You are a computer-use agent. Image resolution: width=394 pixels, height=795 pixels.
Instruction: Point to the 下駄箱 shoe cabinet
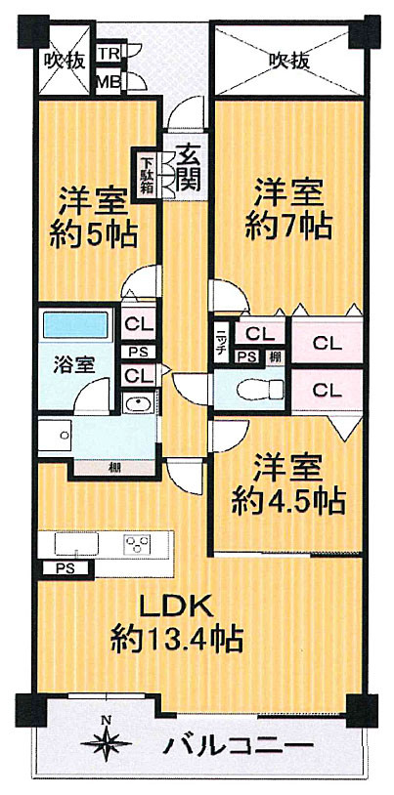145,172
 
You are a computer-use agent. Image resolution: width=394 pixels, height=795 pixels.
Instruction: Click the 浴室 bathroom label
74,365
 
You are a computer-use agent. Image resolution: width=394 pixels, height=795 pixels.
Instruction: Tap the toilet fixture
248,390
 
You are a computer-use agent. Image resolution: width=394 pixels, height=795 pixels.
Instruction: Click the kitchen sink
74,544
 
